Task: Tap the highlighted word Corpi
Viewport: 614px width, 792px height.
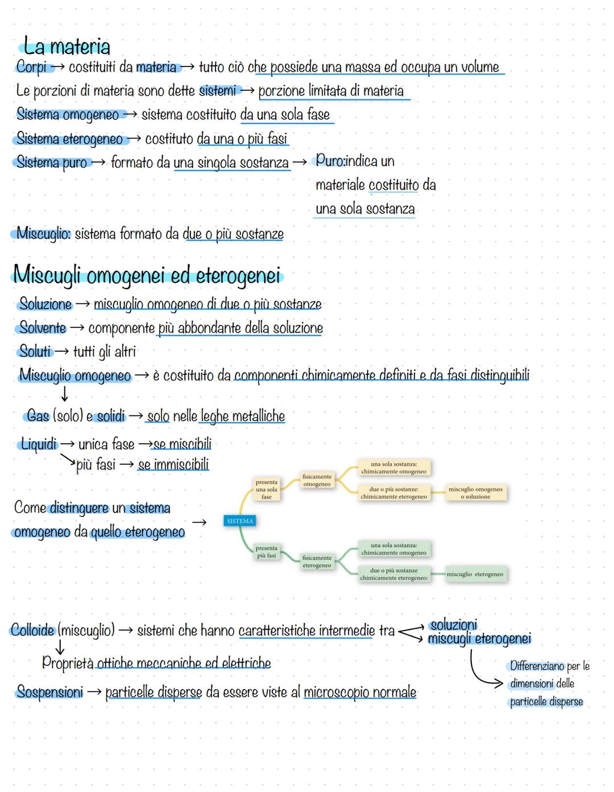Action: (32, 67)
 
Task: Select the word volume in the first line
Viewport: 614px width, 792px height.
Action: (480, 67)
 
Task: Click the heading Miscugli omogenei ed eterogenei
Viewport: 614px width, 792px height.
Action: (147, 276)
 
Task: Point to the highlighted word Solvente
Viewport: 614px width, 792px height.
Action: (43, 328)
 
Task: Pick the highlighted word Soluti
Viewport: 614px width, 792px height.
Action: (35, 352)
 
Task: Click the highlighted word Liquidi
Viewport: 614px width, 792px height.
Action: (39, 444)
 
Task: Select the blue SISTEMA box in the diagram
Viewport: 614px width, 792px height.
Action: (240, 521)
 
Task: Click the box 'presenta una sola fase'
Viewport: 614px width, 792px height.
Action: (267, 489)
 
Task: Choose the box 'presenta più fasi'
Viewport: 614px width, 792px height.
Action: (267, 552)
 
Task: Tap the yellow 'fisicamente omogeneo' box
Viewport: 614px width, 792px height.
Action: (317, 481)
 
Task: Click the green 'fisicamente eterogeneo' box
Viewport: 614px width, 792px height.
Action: (317, 561)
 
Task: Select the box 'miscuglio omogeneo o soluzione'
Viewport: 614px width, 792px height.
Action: (475, 493)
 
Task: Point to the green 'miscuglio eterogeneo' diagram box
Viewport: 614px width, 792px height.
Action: (475, 574)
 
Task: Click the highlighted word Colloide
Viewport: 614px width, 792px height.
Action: (32, 630)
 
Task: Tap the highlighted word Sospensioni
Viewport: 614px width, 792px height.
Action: (50, 692)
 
